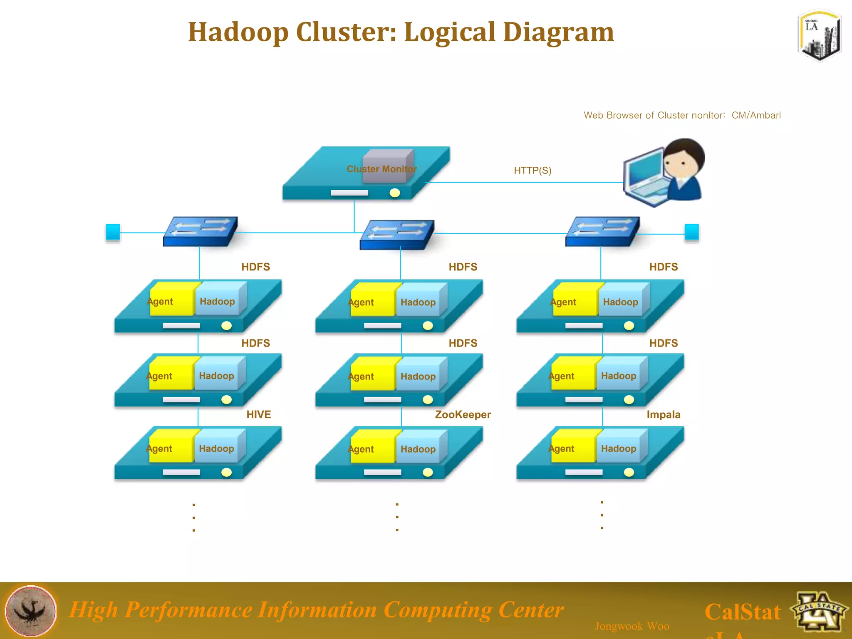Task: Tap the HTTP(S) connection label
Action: click(x=532, y=171)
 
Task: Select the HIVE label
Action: click(x=258, y=414)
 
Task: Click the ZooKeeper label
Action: click(x=463, y=414)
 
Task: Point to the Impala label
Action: click(x=663, y=414)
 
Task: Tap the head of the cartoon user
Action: click(x=683, y=160)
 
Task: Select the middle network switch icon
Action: click(x=397, y=235)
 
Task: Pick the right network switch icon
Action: click(x=602, y=231)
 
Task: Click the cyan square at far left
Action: click(x=113, y=232)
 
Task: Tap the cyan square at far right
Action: click(x=691, y=232)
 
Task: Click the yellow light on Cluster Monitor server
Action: click(x=395, y=193)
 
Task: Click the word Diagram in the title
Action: click(x=558, y=32)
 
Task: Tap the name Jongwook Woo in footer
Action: click(x=632, y=626)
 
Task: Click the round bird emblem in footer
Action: click(x=30, y=611)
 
